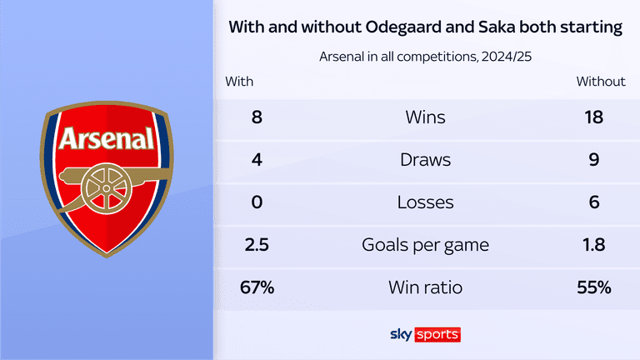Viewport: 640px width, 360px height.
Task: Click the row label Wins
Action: click(x=425, y=117)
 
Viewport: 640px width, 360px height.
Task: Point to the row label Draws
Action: click(x=425, y=159)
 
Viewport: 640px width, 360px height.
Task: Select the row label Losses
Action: click(x=425, y=202)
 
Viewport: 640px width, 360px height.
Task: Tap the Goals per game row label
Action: click(x=425, y=245)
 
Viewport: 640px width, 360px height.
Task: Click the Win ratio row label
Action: click(x=425, y=287)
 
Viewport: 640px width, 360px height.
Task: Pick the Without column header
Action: click(x=600, y=82)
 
